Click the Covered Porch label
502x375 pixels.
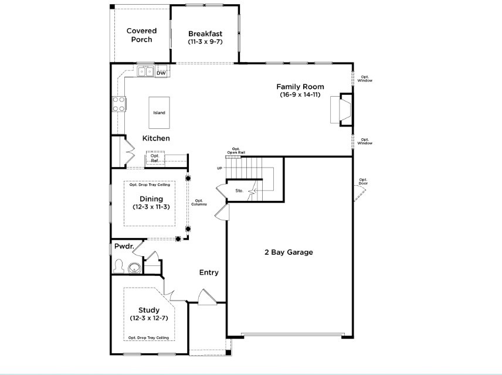(141, 35)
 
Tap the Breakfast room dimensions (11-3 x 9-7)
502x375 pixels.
(204, 42)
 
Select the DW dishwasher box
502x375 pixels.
(161, 73)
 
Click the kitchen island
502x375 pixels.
(159, 112)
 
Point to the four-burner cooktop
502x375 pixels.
(118, 104)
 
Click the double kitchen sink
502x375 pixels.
(145, 72)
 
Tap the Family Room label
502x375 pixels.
(300, 87)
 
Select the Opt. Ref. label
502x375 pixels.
(155, 158)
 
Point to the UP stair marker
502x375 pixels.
(220, 168)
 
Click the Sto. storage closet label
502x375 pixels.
(239, 191)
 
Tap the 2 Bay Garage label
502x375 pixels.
(288, 253)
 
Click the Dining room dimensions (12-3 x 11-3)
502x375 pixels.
(151, 207)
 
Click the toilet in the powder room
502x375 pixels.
(120, 267)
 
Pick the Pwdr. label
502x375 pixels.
(124, 247)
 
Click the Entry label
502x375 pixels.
(209, 272)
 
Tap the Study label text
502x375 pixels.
(149, 310)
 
